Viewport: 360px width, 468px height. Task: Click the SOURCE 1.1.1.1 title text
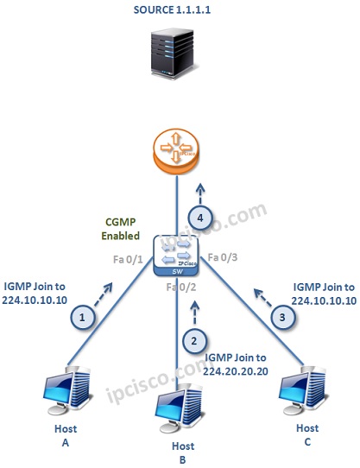coord(180,11)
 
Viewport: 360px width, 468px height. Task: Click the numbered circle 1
coord(83,317)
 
